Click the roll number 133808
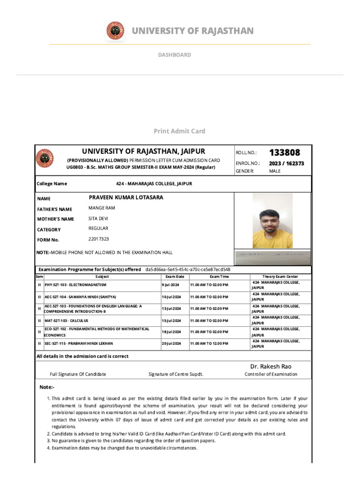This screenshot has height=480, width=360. (284, 152)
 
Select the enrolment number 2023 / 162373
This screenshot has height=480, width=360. (286, 164)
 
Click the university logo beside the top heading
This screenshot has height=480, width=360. (115, 31)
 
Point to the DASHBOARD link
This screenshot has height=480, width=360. (174, 55)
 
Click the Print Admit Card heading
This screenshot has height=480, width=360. (180, 131)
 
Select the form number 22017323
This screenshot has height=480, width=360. (99, 240)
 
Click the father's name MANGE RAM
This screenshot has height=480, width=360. (102, 208)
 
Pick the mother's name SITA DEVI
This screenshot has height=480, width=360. (98, 218)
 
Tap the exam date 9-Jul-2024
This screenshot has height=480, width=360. (171, 285)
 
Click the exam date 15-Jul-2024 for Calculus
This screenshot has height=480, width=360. (171, 321)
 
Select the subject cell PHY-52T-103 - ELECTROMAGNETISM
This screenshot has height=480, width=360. (75, 285)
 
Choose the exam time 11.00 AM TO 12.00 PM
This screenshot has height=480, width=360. (209, 344)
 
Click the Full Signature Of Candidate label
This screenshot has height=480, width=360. (78, 374)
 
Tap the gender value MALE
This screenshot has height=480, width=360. (275, 171)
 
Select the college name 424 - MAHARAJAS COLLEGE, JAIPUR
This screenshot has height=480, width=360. (154, 184)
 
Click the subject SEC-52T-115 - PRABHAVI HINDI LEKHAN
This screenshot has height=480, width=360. (79, 344)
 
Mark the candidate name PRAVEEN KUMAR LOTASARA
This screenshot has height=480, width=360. (126, 197)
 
